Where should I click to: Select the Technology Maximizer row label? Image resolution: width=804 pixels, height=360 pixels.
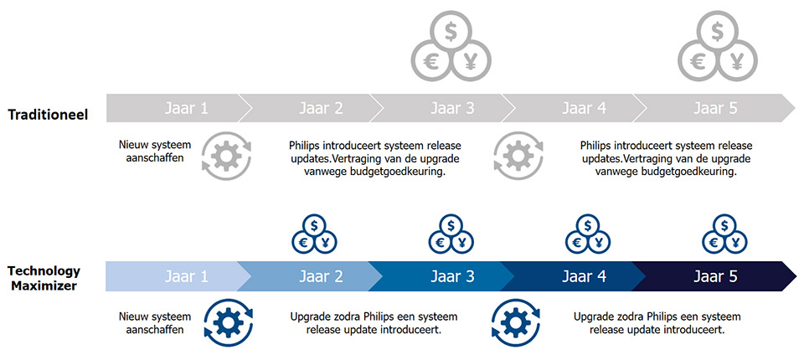point(44,278)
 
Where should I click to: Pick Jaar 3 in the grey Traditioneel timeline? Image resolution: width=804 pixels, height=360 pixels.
point(452,108)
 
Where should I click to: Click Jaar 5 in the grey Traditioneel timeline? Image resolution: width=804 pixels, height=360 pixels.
point(715,108)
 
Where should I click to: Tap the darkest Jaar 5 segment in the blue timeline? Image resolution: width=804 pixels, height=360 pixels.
point(715,276)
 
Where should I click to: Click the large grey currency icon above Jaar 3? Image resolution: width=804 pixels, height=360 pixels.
point(451,49)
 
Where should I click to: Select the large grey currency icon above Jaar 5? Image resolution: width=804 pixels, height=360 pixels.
point(716,49)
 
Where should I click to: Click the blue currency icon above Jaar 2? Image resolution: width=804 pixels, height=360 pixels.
point(312,234)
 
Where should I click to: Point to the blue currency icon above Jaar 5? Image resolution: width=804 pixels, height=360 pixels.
point(724,234)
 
